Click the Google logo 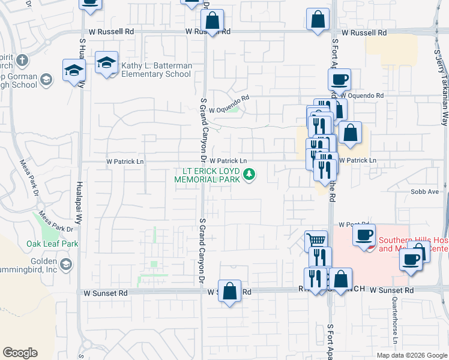[20, 353]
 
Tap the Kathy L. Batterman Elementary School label [156, 70]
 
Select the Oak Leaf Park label [44, 244]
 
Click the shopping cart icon [316, 241]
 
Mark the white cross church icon [22, 60]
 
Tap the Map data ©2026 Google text [411, 355]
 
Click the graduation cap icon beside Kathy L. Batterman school [106, 62]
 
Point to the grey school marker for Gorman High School [46, 79]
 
